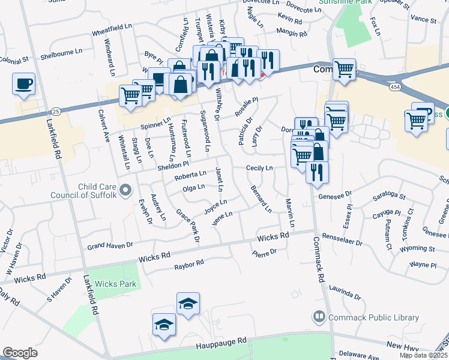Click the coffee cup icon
point(23,84)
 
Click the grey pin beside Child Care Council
point(125,191)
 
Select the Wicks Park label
point(116,284)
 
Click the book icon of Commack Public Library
point(319,316)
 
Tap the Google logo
point(20,353)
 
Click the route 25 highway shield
point(56,111)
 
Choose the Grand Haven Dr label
point(110,245)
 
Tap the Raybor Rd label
point(189,263)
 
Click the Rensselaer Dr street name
point(342,239)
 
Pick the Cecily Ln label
point(259,168)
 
